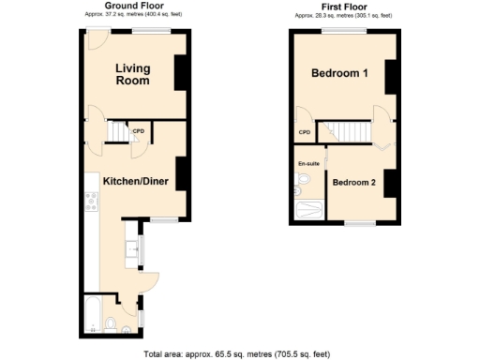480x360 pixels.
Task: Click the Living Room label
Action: tap(132, 74)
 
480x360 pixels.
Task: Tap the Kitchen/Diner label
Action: tap(136, 181)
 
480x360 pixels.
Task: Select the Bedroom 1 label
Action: tap(338, 74)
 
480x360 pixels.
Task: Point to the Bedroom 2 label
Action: tap(353, 183)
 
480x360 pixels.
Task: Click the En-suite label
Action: tap(308, 165)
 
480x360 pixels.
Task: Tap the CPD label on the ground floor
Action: tap(138, 130)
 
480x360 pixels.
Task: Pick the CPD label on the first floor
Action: tap(304, 132)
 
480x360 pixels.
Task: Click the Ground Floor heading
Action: tap(134, 6)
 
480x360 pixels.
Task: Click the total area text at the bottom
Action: tap(236, 353)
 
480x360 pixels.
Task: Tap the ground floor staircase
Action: tap(116, 132)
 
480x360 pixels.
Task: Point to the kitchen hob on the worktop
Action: tap(92, 200)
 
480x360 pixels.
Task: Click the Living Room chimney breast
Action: tap(181, 72)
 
